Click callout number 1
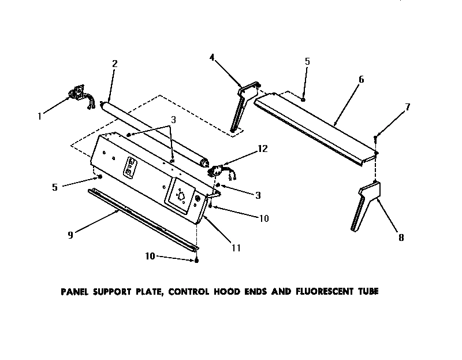pyautogui.click(x=40, y=116)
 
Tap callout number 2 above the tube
pyautogui.click(x=114, y=64)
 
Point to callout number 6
pyautogui.click(x=361, y=79)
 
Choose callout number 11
pyautogui.click(x=236, y=248)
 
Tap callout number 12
pyautogui.click(x=262, y=149)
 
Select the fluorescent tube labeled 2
pyautogui.click(x=153, y=132)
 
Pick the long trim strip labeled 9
pyautogui.click(x=141, y=220)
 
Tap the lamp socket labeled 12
pyautogui.click(x=218, y=170)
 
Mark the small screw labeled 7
pyautogui.click(x=376, y=136)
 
